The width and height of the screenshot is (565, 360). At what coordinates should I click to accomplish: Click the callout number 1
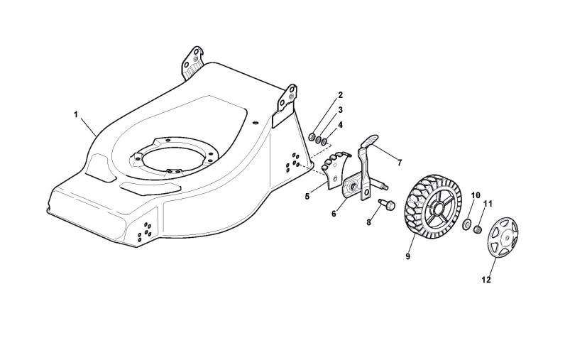(x=76, y=113)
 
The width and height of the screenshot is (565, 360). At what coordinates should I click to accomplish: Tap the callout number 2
(x=340, y=94)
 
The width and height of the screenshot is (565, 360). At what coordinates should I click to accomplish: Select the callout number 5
(x=340, y=109)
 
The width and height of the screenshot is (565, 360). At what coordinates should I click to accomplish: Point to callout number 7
(x=341, y=124)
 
